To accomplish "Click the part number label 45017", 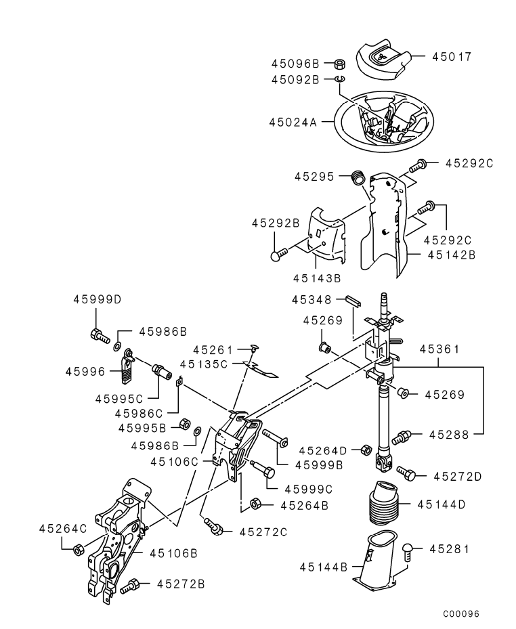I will [x=452, y=57].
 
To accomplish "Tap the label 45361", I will [x=440, y=350].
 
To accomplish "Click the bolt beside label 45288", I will [x=402, y=437].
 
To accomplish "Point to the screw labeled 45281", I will [x=408, y=551].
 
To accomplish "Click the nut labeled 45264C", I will [x=78, y=548].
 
